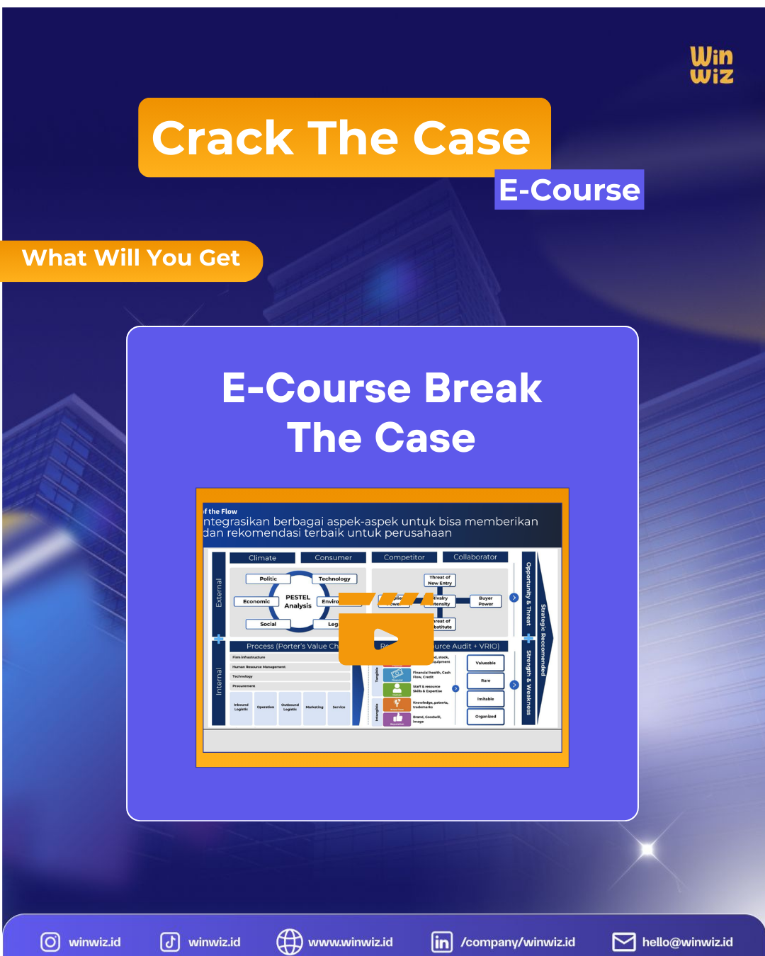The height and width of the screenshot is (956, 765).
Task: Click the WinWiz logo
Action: [711, 65]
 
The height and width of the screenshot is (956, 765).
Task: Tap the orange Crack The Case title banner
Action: [344, 137]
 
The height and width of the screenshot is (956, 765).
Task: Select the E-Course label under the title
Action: [569, 190]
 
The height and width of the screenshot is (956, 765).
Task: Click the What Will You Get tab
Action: [131, 258]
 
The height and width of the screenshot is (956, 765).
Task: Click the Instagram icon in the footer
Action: [50, 942]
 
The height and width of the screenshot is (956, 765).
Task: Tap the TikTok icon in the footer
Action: [170, 942]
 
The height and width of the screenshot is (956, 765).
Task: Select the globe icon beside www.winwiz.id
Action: [289, 942]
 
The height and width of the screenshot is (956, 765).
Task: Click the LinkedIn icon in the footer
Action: [442, 942]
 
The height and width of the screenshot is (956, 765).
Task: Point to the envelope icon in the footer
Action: [624, 942]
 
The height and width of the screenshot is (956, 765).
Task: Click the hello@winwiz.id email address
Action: [687, 942]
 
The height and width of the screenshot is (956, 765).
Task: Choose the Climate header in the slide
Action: [262, 558]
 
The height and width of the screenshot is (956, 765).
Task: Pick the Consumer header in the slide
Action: [333, 558]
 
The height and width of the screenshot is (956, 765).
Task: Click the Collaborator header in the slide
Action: [475, 557]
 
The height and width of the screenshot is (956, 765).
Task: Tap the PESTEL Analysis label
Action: [298, 601]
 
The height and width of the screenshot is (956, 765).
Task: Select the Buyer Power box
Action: [485, 601]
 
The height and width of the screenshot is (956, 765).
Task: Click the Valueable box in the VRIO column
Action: [485, 664]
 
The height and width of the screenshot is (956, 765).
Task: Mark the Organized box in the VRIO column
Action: [485, 717]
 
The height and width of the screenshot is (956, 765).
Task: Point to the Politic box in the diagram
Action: [268, 579]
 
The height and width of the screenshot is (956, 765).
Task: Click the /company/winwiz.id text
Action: [518, 942]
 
